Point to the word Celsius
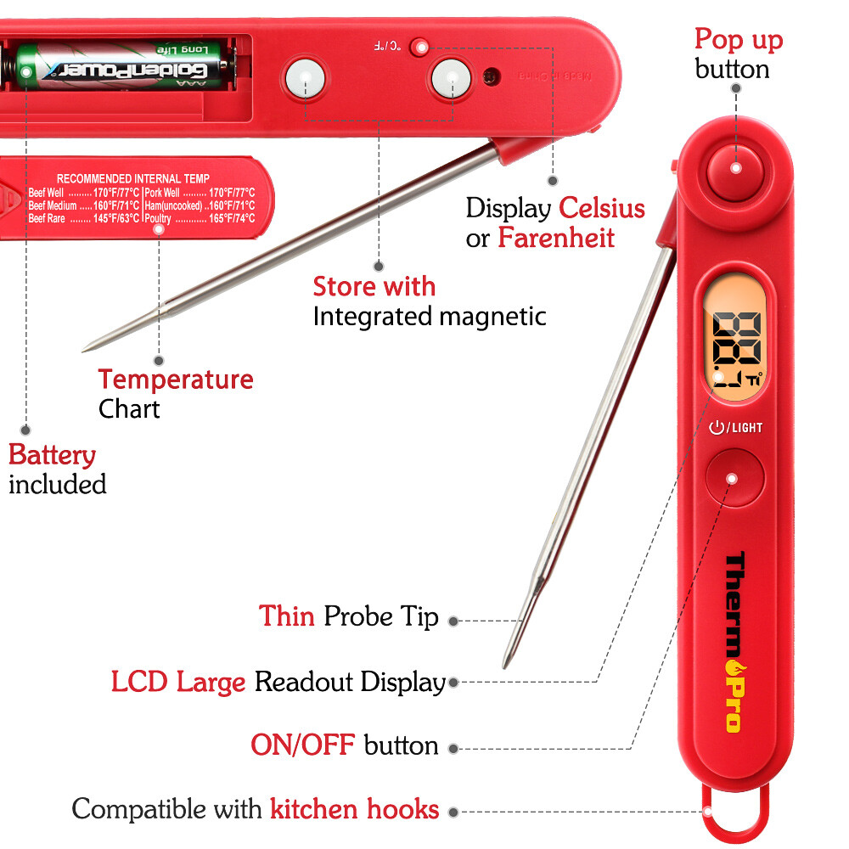point(601,208)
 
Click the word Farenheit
point(556,238)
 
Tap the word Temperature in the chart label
point(176,379)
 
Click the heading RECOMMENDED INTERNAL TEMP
point(132,179)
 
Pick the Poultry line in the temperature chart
point(200,218)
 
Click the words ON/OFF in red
point(302,745)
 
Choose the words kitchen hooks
point(355,808)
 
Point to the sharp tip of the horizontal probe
point(86,348)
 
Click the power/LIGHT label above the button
point(735,428)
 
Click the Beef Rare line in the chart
point(84,218)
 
